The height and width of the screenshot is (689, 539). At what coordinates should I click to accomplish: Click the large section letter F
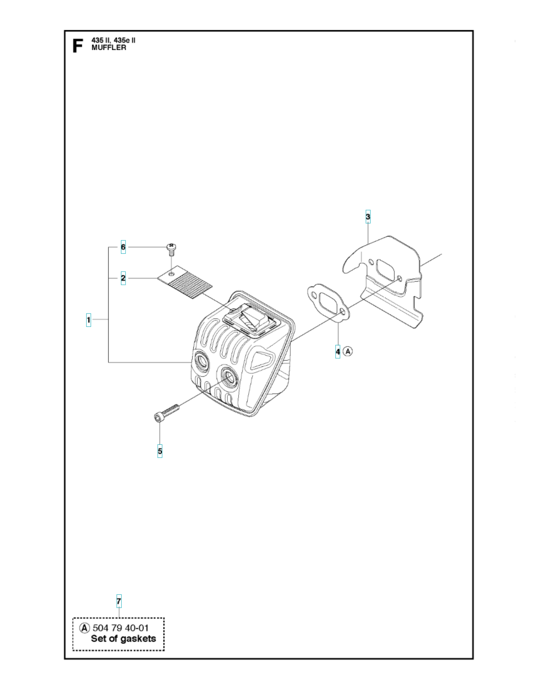pos(77,46)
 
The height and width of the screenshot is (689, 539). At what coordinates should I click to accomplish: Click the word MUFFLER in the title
pos(109,48)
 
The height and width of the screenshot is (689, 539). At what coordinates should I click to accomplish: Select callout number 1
pos(88,319)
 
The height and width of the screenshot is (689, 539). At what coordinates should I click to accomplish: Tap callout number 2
pos(123,278)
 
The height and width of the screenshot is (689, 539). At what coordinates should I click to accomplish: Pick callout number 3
pos(368,217)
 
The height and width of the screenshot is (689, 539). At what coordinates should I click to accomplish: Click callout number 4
pos(338,351)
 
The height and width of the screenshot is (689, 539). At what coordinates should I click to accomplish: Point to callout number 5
pos(160,451)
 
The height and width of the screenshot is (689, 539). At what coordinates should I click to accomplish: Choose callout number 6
pos(123,247)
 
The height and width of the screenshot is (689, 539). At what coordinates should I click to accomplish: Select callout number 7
pos(119,601)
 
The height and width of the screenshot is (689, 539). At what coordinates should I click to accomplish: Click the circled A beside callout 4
pos(348,351)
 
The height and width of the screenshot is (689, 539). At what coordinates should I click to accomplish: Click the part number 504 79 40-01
pos(121,628)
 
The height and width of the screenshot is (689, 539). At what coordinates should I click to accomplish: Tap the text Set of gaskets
pos(123,639)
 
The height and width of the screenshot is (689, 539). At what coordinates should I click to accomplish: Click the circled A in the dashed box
pos(84,628)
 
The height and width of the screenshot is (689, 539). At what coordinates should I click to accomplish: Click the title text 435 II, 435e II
pos(113,41)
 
